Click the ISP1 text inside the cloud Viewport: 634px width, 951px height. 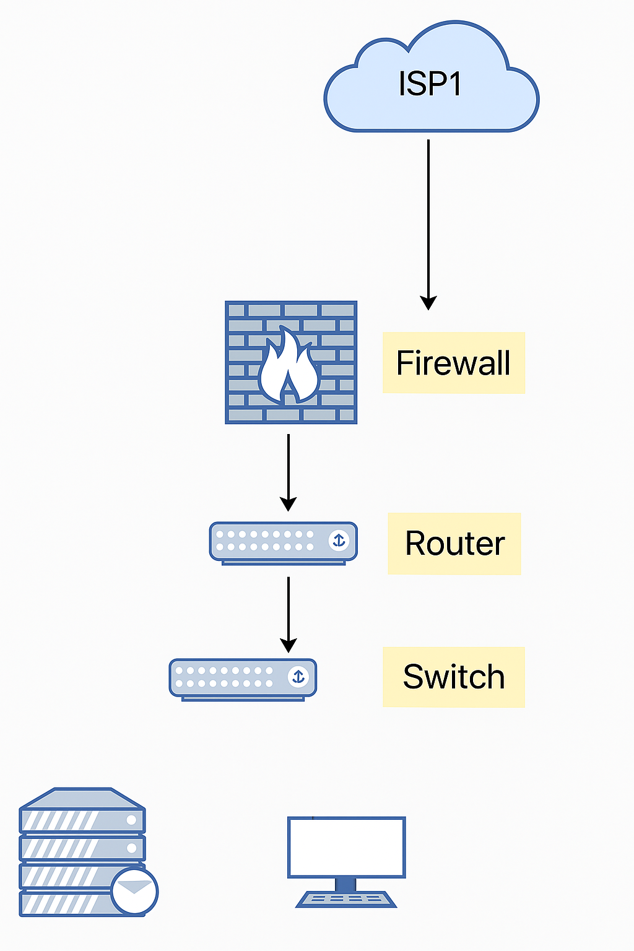click(x=430, y=84)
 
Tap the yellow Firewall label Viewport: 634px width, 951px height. click(x=453, y=363)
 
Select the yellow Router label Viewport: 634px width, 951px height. click(x=454, y=544)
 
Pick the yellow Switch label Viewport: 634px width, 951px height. click(x=453, y=677)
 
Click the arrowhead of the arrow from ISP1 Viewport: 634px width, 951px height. click(x=428, y=303)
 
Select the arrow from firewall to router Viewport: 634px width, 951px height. click(x=289, y=471)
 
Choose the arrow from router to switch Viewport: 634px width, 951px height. click(x=289, y=613)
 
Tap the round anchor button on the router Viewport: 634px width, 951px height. click(x=339, y=540)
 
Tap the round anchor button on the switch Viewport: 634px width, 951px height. click(x=298, y=677)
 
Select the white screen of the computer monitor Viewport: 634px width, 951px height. click(x=347, y=846)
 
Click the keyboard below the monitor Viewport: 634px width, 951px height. click(x=346, y=899)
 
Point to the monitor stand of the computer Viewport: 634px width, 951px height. click(x=345, y=884)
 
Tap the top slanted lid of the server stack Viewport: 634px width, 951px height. click(x=82, y=798)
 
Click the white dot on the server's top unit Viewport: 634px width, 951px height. click(x=131, y=820)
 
